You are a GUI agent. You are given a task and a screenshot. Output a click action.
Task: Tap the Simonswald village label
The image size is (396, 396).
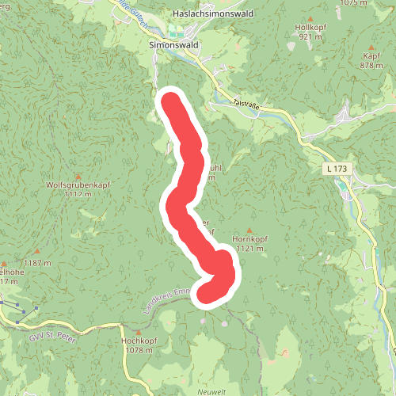(x=173, y=45)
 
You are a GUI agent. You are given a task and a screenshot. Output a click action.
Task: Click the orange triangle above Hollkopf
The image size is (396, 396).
(x=310, y=17)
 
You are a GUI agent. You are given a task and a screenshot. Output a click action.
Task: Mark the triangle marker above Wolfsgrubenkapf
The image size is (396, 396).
(x=77, y=175)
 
